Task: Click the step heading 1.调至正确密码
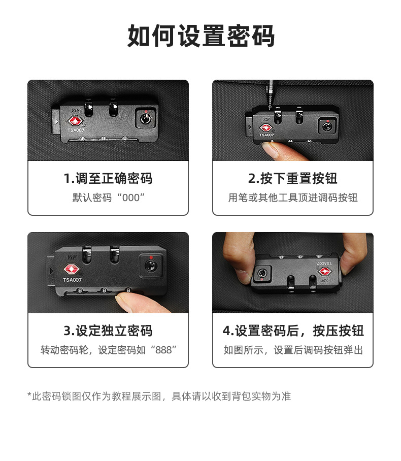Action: pos(108,178)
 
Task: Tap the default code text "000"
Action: pos(130,197)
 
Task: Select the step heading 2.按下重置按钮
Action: pos(292,178)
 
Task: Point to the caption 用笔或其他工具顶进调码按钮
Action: pos(292,197)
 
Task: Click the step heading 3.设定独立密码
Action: pos(108,331)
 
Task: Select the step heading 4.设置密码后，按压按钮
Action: pos(293,331)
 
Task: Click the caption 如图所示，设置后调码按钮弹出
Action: pos(293,350)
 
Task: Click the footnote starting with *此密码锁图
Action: pos(159,396)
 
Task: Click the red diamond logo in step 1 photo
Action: pos(74,121)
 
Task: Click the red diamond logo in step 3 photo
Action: pos(71,269)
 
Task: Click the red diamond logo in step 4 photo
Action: pos(325,272)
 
